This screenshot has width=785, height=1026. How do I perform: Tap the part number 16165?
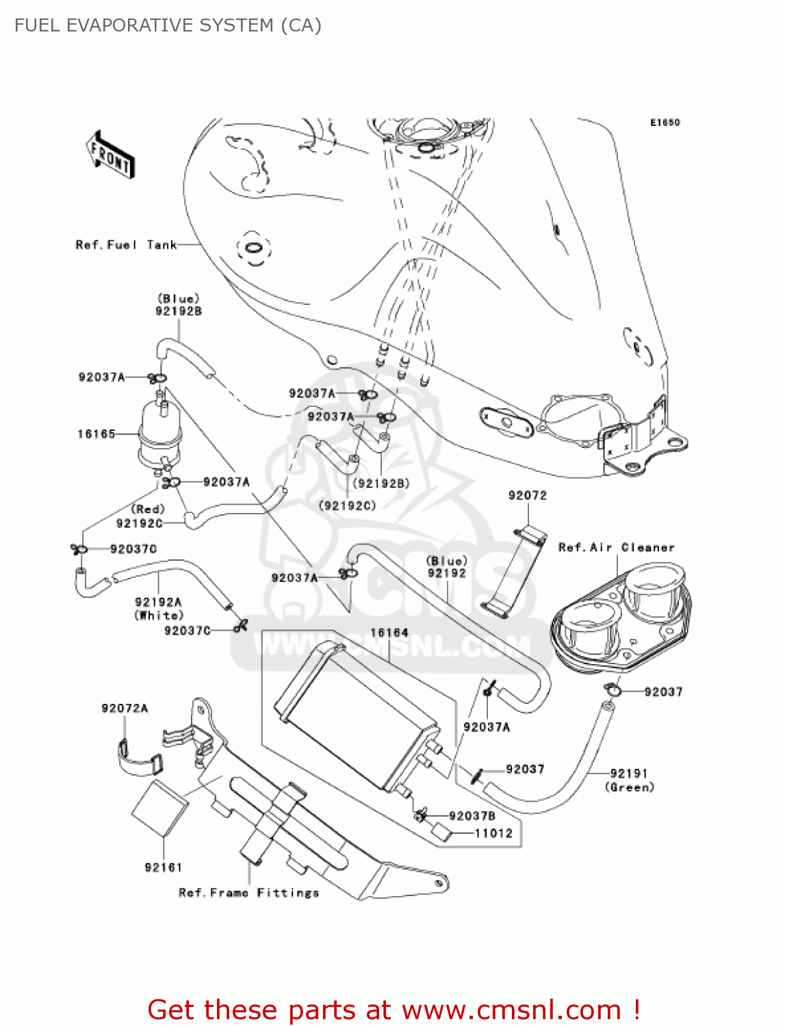click(x=96, y=434)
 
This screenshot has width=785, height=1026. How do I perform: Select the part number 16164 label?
click(x=389, y=633)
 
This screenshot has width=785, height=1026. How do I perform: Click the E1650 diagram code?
click(x=665, y=122)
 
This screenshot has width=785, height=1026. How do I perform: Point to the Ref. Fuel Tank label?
click(x=126, y=245)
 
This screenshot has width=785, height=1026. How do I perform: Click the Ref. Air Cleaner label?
click(x=616, y=547)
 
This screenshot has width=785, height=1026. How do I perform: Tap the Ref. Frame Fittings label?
click(x=248, y=893)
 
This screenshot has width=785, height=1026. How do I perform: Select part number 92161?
click(x=163, y=867)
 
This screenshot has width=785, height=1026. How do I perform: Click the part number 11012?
click(x=493, y=833)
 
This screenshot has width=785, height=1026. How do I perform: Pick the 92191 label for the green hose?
click(x=628, y=773)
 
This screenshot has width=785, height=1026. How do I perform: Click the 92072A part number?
click(x=125, y=709)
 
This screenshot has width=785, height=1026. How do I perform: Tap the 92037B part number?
click(x=472, y=816)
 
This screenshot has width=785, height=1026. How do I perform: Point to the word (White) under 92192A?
click(x=159, y=615)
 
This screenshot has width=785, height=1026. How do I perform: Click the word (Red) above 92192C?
click(x=148, y=510)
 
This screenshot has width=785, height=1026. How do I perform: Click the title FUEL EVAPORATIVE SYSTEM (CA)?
click(x=168, y=25)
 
